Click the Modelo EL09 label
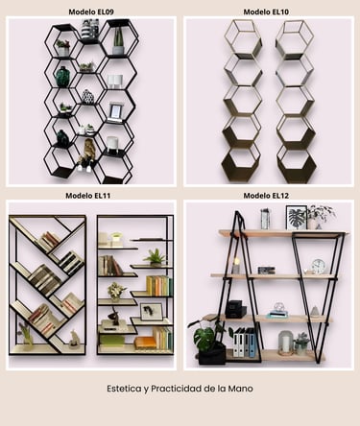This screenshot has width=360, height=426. [x=91, y=12]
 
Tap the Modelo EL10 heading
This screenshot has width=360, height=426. [x=266, y=12]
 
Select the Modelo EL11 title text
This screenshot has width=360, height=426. [x=88, y=196]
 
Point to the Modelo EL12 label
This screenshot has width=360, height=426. [x=266, y=196]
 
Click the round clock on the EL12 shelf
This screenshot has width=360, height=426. [x=319, y=267]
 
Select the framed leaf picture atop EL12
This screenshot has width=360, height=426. [x=297, y=218]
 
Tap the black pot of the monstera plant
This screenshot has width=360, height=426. [x=212, y=354]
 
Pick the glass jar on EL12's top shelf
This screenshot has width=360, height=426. [x=265, y=219]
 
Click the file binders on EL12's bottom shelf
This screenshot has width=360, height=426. [x=244, y=343]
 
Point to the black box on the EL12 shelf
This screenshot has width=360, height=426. [x=235, y=309]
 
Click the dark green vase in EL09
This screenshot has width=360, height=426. [x=62, y=77]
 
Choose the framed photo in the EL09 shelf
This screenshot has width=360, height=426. [x=115, y=111]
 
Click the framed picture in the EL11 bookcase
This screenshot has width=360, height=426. [x=152, y=312]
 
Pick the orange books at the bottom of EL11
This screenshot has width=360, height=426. [x=146, y=343]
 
